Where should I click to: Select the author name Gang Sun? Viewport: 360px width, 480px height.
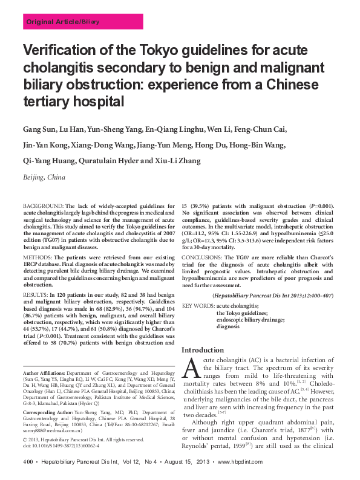point(41,129)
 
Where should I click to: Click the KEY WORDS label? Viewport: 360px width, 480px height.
point(197,306)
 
